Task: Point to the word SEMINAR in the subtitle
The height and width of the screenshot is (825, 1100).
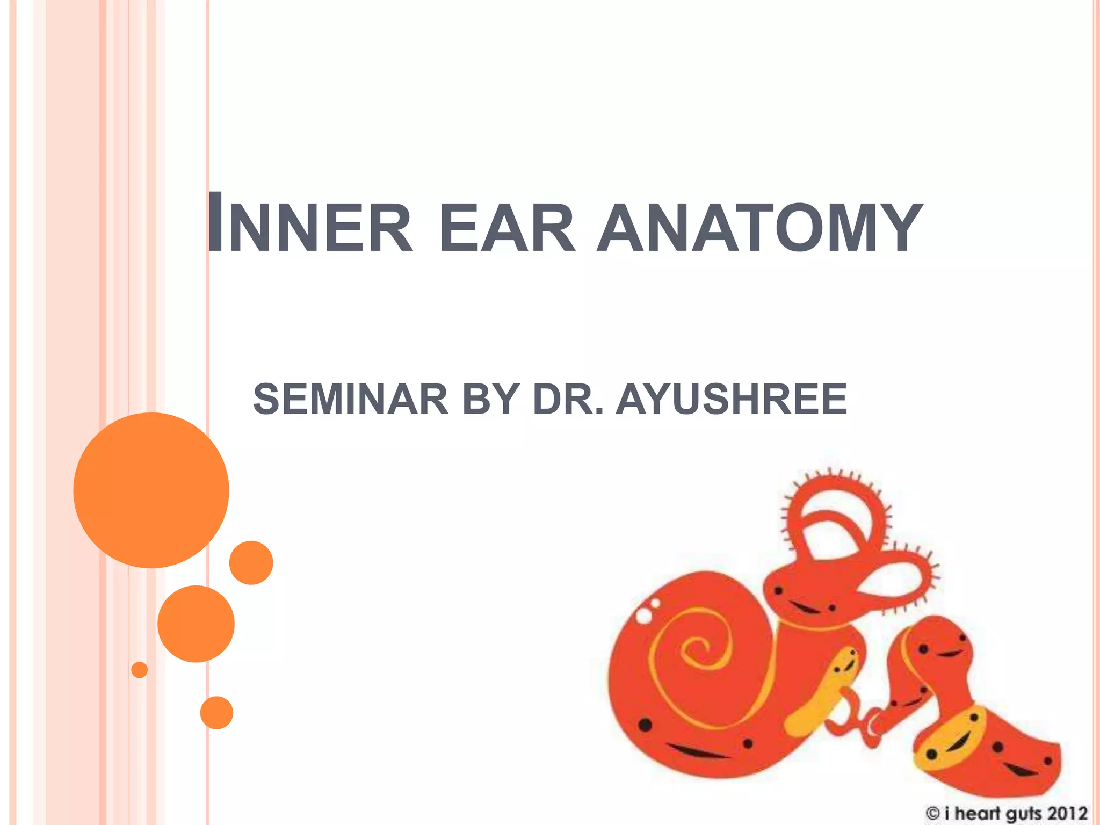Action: click(x=350, y=399)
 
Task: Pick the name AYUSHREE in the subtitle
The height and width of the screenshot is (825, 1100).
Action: click(x=731, y=399)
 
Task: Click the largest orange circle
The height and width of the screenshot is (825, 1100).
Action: click(x=151, y=490)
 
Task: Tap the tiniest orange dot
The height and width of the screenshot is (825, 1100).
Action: click(x=139, y=670)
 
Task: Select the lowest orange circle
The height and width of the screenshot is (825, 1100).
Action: click(x=216, y=712)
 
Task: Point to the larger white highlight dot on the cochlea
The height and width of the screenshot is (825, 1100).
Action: click(x=643, y=616)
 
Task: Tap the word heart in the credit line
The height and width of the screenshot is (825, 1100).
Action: click(x=977, y=813)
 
